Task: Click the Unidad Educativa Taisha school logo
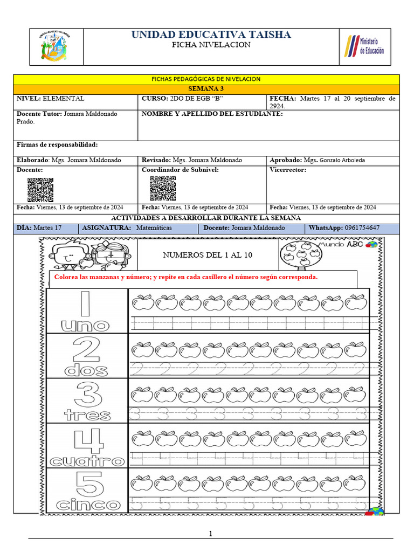(56, 46)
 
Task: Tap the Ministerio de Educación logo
(365, 46)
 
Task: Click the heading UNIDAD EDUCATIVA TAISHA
(211, 35)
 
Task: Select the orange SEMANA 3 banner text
(206, 89)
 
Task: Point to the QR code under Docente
(40, 189)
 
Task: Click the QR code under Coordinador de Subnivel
(163, 189)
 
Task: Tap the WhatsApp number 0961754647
(362, 228)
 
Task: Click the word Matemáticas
(154, 228)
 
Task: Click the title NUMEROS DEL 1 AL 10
(208, 255)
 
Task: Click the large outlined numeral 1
(85, 304)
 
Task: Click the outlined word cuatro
(87, 461)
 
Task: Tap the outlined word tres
(87, 416)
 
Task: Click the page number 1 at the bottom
(211, 534)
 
